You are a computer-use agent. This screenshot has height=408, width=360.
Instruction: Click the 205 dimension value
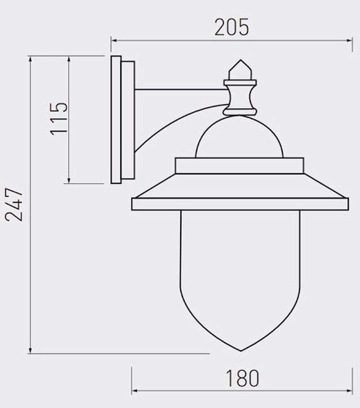point(231,27)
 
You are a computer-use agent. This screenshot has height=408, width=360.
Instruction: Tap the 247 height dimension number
point(14,204)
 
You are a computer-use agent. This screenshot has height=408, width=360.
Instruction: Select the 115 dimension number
point(59,119)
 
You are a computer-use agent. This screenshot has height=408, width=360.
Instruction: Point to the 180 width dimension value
point(242,378)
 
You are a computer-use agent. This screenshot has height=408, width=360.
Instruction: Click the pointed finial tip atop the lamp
point(241,60)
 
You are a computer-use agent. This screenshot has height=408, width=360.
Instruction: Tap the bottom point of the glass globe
point(241,351)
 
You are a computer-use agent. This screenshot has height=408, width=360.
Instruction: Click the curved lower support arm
point(172,122)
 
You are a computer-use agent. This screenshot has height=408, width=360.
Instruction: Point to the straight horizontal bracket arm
point(181,90)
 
